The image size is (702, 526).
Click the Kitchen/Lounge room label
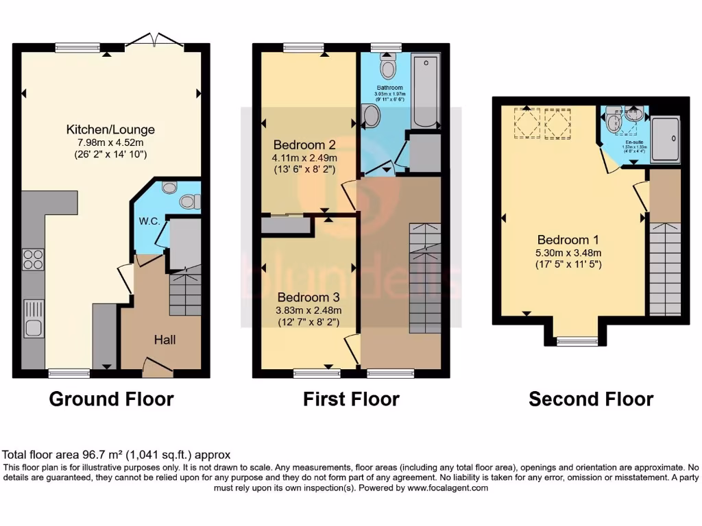(110, 129)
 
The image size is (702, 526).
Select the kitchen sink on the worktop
(33, 318)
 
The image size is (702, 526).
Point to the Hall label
(165, 340)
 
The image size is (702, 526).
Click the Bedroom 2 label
(304, 145)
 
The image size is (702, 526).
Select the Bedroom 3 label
(308, 297)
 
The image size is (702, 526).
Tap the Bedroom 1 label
(568, 240)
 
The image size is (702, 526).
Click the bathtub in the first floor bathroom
(424, 91)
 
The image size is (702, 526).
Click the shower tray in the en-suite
(665, 139)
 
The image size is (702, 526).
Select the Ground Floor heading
(111, 399)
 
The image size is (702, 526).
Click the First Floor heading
(351, 399)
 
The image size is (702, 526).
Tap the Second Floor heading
(591, 399)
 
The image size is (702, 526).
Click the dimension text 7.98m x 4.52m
(110, 142)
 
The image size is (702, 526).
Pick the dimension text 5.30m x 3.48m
(568, 252)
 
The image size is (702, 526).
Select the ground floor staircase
(185, 290)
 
